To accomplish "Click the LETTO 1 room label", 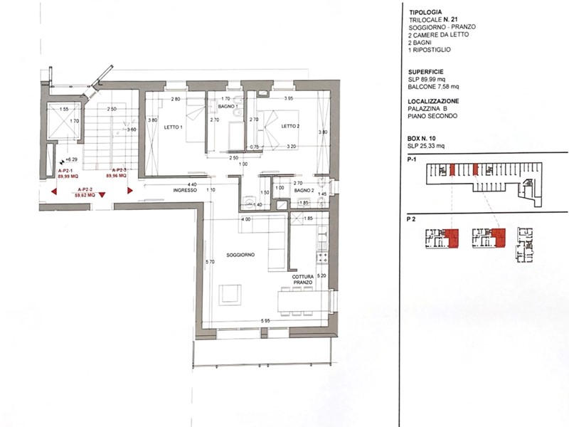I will click(172, 127).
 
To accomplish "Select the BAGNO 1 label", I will click(226, 106).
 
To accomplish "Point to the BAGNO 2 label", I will click(303, 191).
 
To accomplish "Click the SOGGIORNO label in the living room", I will click(241, 255).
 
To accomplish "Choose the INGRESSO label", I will click(184, 191).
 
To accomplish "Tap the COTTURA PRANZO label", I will click(302, 280).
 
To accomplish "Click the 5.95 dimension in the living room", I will click(265, 321).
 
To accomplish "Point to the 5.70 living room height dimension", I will click(209, 263).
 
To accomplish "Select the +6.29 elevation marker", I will click(70, 160).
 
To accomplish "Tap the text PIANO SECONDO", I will click(432, 116).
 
